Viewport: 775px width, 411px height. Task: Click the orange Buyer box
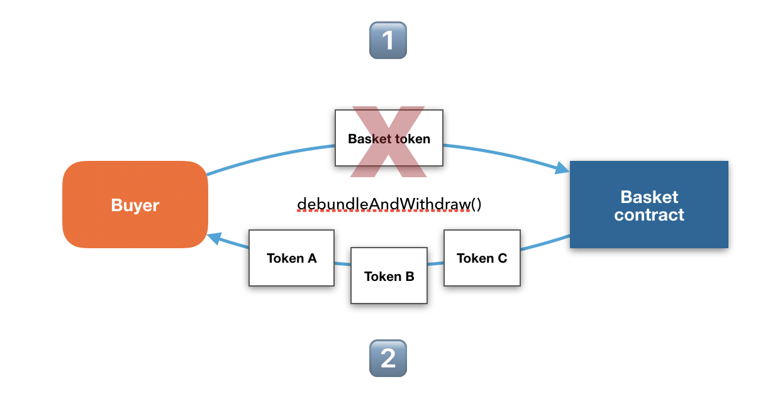point(135,204)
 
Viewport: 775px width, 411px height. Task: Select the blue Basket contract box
point(649,204)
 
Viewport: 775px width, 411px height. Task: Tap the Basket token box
point(389,138)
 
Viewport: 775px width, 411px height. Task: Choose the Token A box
point(291,258)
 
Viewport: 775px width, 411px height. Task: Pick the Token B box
point(389,275)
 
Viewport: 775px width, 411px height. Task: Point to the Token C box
point(482,258)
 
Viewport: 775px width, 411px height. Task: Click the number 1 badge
point(388,40)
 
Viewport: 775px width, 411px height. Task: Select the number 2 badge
point(388,358)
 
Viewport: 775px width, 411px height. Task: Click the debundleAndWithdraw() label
point(389,204)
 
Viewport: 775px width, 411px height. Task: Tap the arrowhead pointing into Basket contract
point(562,168)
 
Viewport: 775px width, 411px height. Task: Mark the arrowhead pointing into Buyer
point(215,238)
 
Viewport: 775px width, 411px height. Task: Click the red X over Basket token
point(389,142)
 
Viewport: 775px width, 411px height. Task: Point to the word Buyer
point(135,205)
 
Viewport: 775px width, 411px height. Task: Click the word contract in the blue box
point(649,215)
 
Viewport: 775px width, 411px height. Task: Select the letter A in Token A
point(312,258)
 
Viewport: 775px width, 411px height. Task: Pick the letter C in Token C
point(503,258)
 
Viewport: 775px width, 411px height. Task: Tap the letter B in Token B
point(410,277)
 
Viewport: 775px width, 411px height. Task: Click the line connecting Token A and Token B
point(342,264)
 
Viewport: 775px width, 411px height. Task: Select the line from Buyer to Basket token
point(269,157)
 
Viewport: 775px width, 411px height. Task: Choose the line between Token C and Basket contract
point(545,243)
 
